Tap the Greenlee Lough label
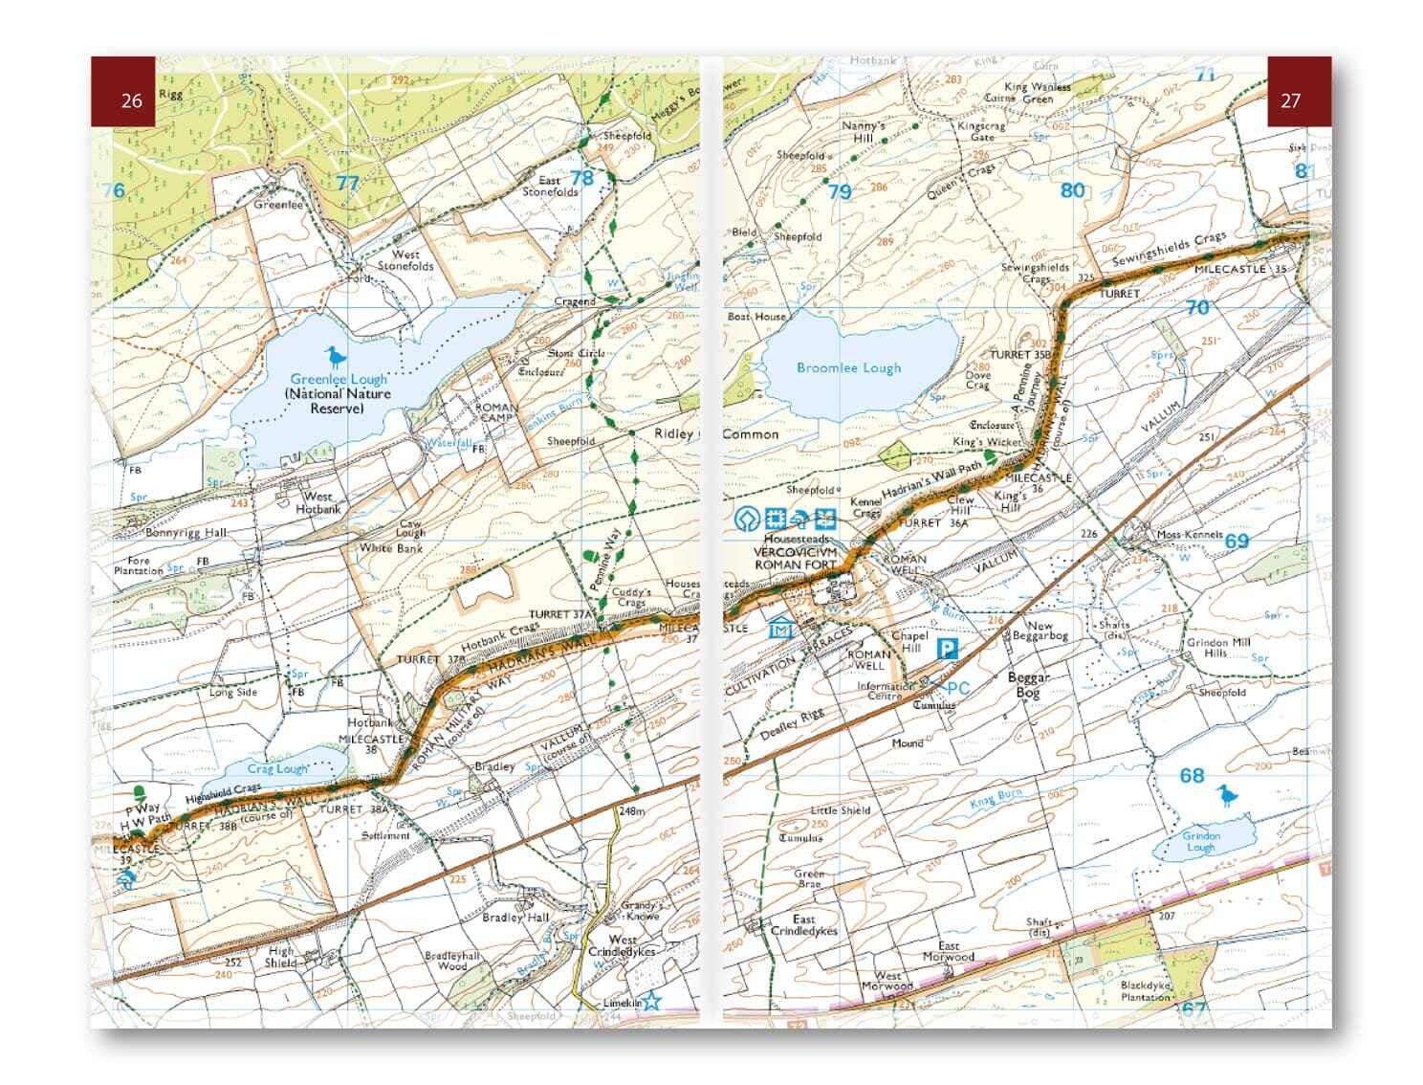click(x=339, y=379)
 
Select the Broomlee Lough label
click(x=848, y=367)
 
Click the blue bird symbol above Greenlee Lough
click(x=334, y=357)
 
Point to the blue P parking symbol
click(x=946, y=650)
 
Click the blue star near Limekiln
click(x=651, y=1002)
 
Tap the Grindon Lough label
click(x=1200, y=841)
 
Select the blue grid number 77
click(x=347, y=184)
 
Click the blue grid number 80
click(x=1072, y=190)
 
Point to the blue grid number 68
click(x=1192, y=775)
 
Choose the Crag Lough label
click(x=277, y=768)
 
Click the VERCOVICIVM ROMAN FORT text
click(x=796, y=559)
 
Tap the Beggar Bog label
click(x=1028, y=684)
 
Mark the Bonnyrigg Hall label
click(x=186, y=532)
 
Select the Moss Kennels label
click(x=1190, y=534)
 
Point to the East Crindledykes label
click(x=803, y=924)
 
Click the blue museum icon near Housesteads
click(x=781, y=629)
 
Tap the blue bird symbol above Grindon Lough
click(x=1224, y=794)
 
